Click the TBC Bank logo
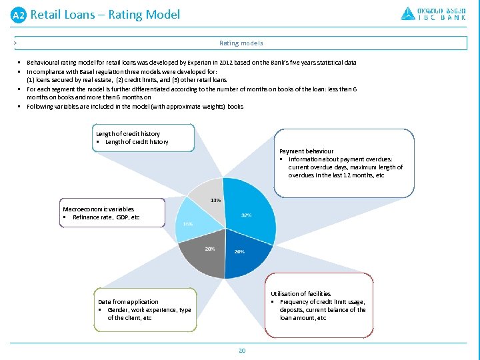click(x=433, y=13)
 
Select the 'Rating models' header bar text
click(x=241, y=43)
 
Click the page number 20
click(x=242, y=350)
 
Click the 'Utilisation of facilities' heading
click(x=300, y=294)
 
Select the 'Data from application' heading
click(x=128, y=302)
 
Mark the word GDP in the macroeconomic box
click(x=123, y=217)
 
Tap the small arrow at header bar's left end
click(x=15, y=43)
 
